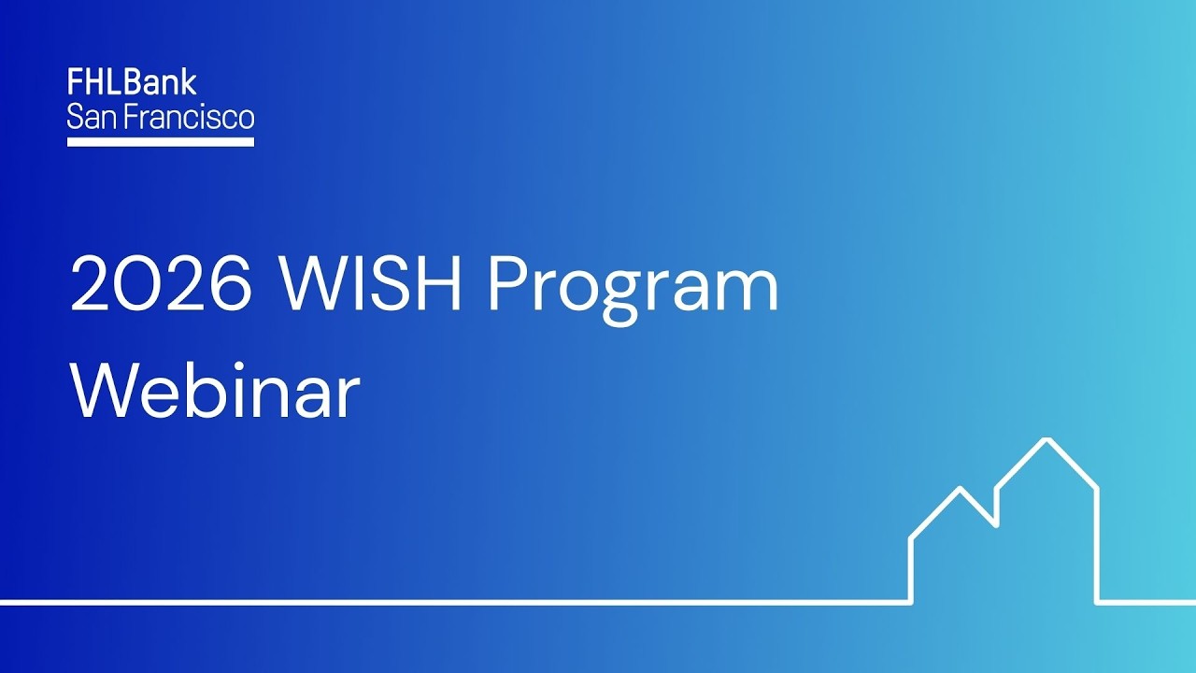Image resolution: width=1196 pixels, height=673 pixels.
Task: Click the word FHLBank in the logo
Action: point(132,82)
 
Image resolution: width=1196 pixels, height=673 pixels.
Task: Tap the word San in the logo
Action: point(89,118)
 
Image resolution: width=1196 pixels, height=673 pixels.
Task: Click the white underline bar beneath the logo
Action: point(161,142)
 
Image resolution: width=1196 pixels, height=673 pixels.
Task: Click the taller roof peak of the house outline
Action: point(1047,439)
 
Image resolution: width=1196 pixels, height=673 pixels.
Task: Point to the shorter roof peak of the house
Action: point(960,488)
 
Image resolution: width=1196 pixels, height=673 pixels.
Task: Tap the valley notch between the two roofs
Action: point(996,523)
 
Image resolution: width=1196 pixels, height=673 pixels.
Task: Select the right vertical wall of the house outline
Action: point(1097,547)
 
